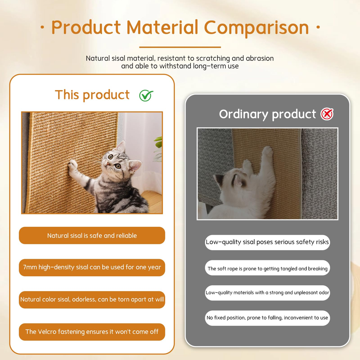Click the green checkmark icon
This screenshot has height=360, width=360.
point(146,96)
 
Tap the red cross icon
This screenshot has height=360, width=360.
point(327,114)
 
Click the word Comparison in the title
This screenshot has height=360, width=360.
point(256,27)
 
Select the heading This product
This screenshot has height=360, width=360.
point(92,94)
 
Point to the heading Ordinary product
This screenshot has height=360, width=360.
point(267,114)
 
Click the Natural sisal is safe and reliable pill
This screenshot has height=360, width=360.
point(92,235)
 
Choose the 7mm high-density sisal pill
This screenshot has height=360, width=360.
point(92,267)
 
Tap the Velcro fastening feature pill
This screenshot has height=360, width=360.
point(92,332)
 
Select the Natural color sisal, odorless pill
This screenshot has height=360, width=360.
point(92,300)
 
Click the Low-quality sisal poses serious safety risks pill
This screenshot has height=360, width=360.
point(267,242)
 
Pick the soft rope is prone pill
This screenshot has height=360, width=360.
point(267,268)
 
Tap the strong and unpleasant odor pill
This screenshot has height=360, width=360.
point(267,293)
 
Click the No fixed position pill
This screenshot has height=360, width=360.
point(267,318)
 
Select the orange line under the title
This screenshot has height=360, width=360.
point(180,47)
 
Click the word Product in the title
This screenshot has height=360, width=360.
point(86,27)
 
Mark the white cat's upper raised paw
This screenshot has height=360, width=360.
point(268,151)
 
